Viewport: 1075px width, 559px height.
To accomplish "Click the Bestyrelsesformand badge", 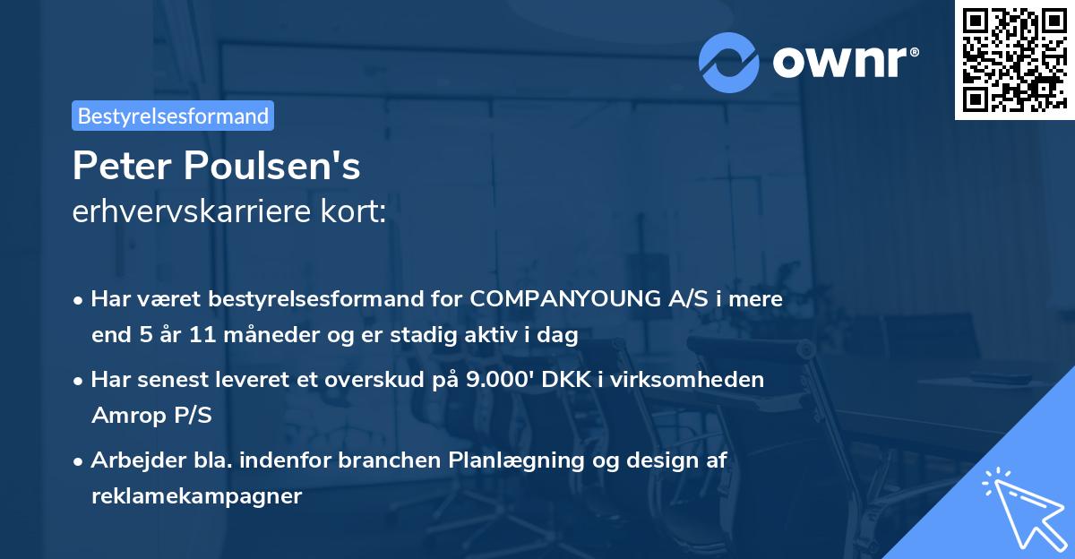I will (x=173, y=116).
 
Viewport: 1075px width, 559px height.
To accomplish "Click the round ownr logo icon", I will (x=729, y=63).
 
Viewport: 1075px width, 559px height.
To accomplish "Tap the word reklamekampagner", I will (x=196, y=495).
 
